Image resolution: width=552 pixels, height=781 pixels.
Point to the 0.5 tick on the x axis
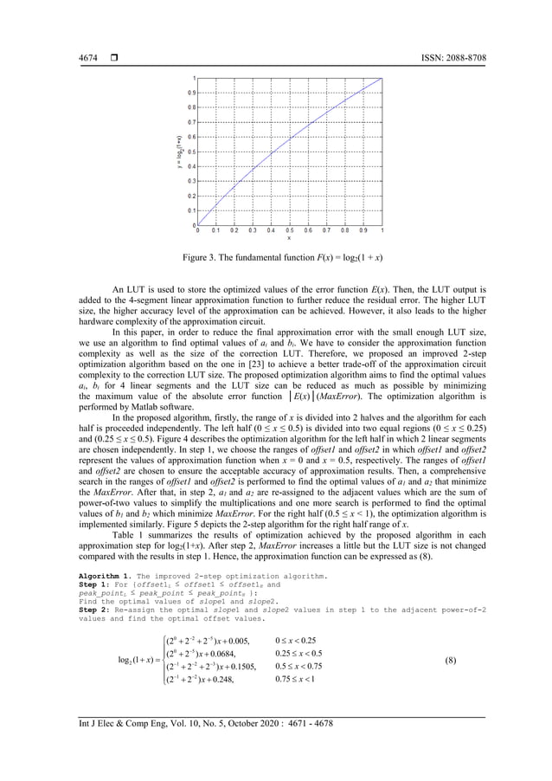289,231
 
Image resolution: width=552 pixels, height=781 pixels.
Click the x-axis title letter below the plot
289,239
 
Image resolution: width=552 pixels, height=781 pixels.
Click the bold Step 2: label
93,609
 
